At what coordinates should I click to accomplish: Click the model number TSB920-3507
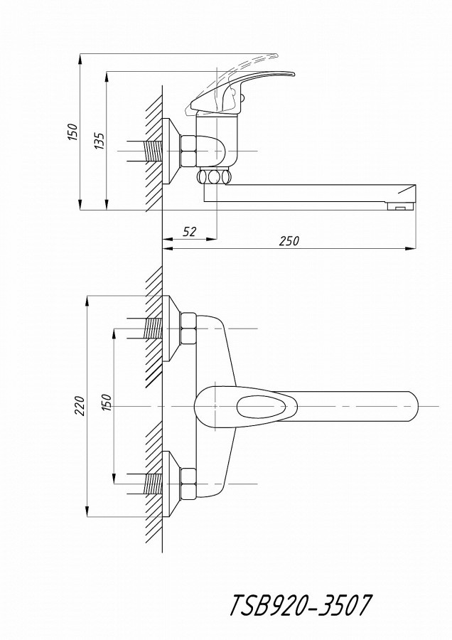click(301, 605)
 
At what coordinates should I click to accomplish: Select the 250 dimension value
click(289, 241)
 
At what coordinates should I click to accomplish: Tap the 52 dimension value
click(189, 232)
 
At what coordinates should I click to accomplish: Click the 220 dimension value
click(80, 406)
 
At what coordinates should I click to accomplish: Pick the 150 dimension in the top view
click(106, 402)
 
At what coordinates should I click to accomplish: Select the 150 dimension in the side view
click(72, 132)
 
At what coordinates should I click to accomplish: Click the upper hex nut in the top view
click(188, 328)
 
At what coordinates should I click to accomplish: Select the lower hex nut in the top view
click(188, 484)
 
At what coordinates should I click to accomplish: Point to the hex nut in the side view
click(188, 151)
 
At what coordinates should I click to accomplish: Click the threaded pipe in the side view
click(154, 151)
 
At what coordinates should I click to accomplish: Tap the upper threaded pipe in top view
click(154, 328)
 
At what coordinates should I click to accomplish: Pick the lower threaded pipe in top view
click(154, 484)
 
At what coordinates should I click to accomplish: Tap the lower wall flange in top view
click(171, 484)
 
